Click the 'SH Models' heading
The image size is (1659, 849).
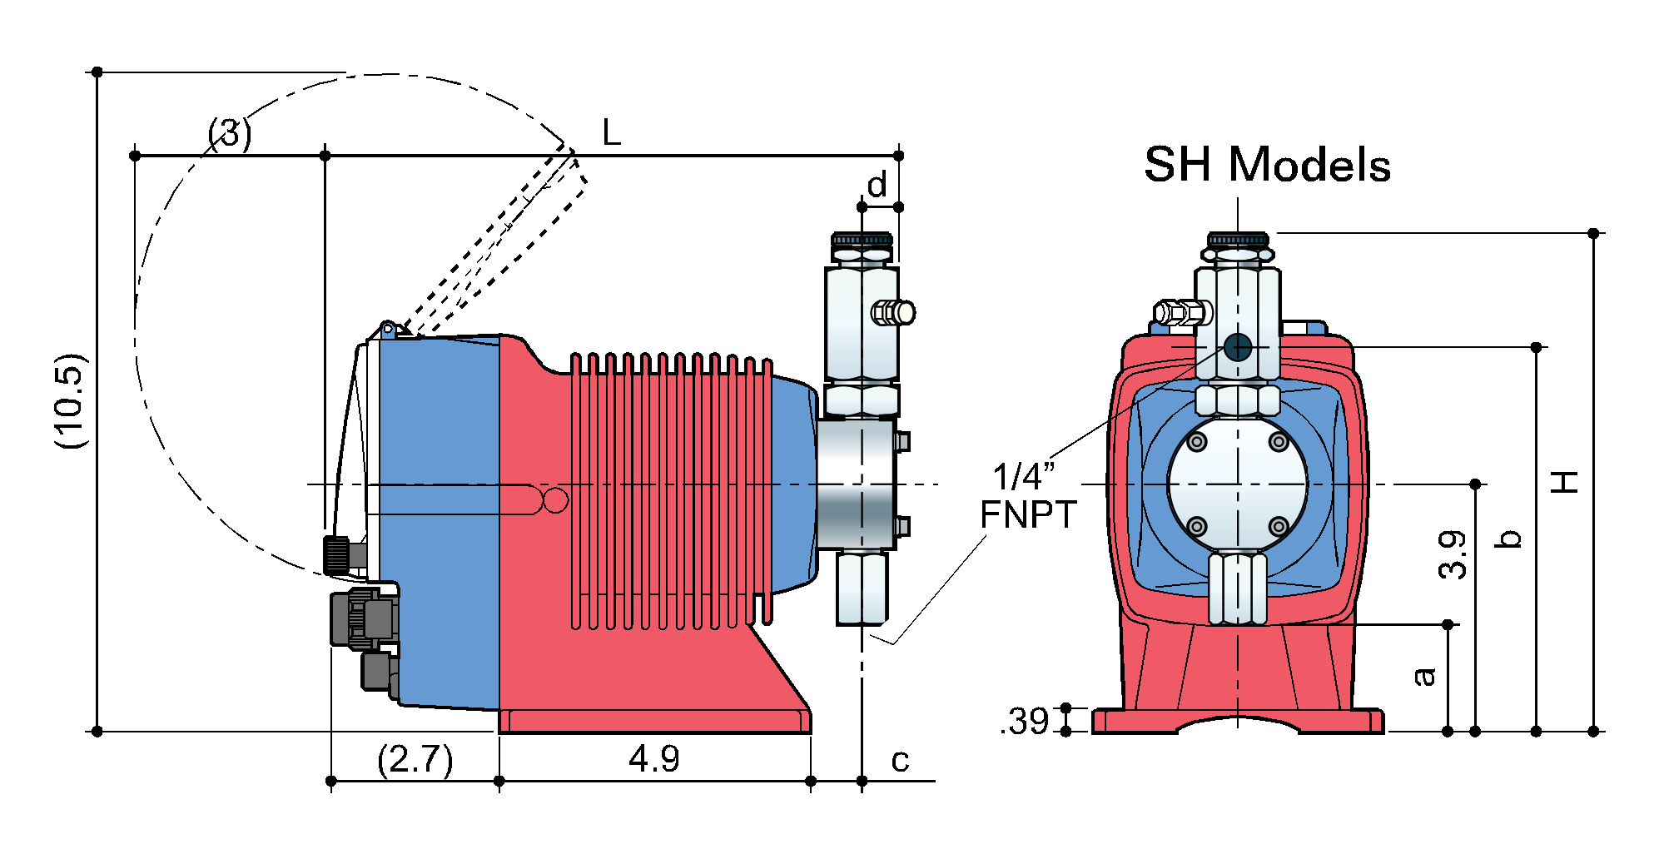coord(1267,165)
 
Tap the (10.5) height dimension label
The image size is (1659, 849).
coord(71,401)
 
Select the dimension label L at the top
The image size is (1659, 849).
coord(612,132)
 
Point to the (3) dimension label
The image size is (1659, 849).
coord(230,133)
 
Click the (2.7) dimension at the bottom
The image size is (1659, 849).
coord(415,759)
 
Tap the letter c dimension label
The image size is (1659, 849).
coord(900,760)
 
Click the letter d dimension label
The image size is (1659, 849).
coord(877,186)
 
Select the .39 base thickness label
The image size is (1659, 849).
coord(1026,722)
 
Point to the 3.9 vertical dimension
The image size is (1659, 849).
coord(1453,554)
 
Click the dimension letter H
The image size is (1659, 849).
coord(1566,482)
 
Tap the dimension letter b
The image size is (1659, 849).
coord(1508,539)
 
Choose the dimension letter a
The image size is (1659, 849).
coord(1424,676)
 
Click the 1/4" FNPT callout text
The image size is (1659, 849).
coord(1028,496)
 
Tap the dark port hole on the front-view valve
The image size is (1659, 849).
coord(1238,347)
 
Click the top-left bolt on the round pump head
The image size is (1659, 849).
coord(1197,442)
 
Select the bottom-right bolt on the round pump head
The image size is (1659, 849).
coord(1279,526)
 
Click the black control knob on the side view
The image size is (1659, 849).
coord(337,554)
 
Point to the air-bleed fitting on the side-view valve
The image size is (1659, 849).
coord(893,312)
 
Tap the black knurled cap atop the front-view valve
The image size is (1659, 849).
coord(1238,240)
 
